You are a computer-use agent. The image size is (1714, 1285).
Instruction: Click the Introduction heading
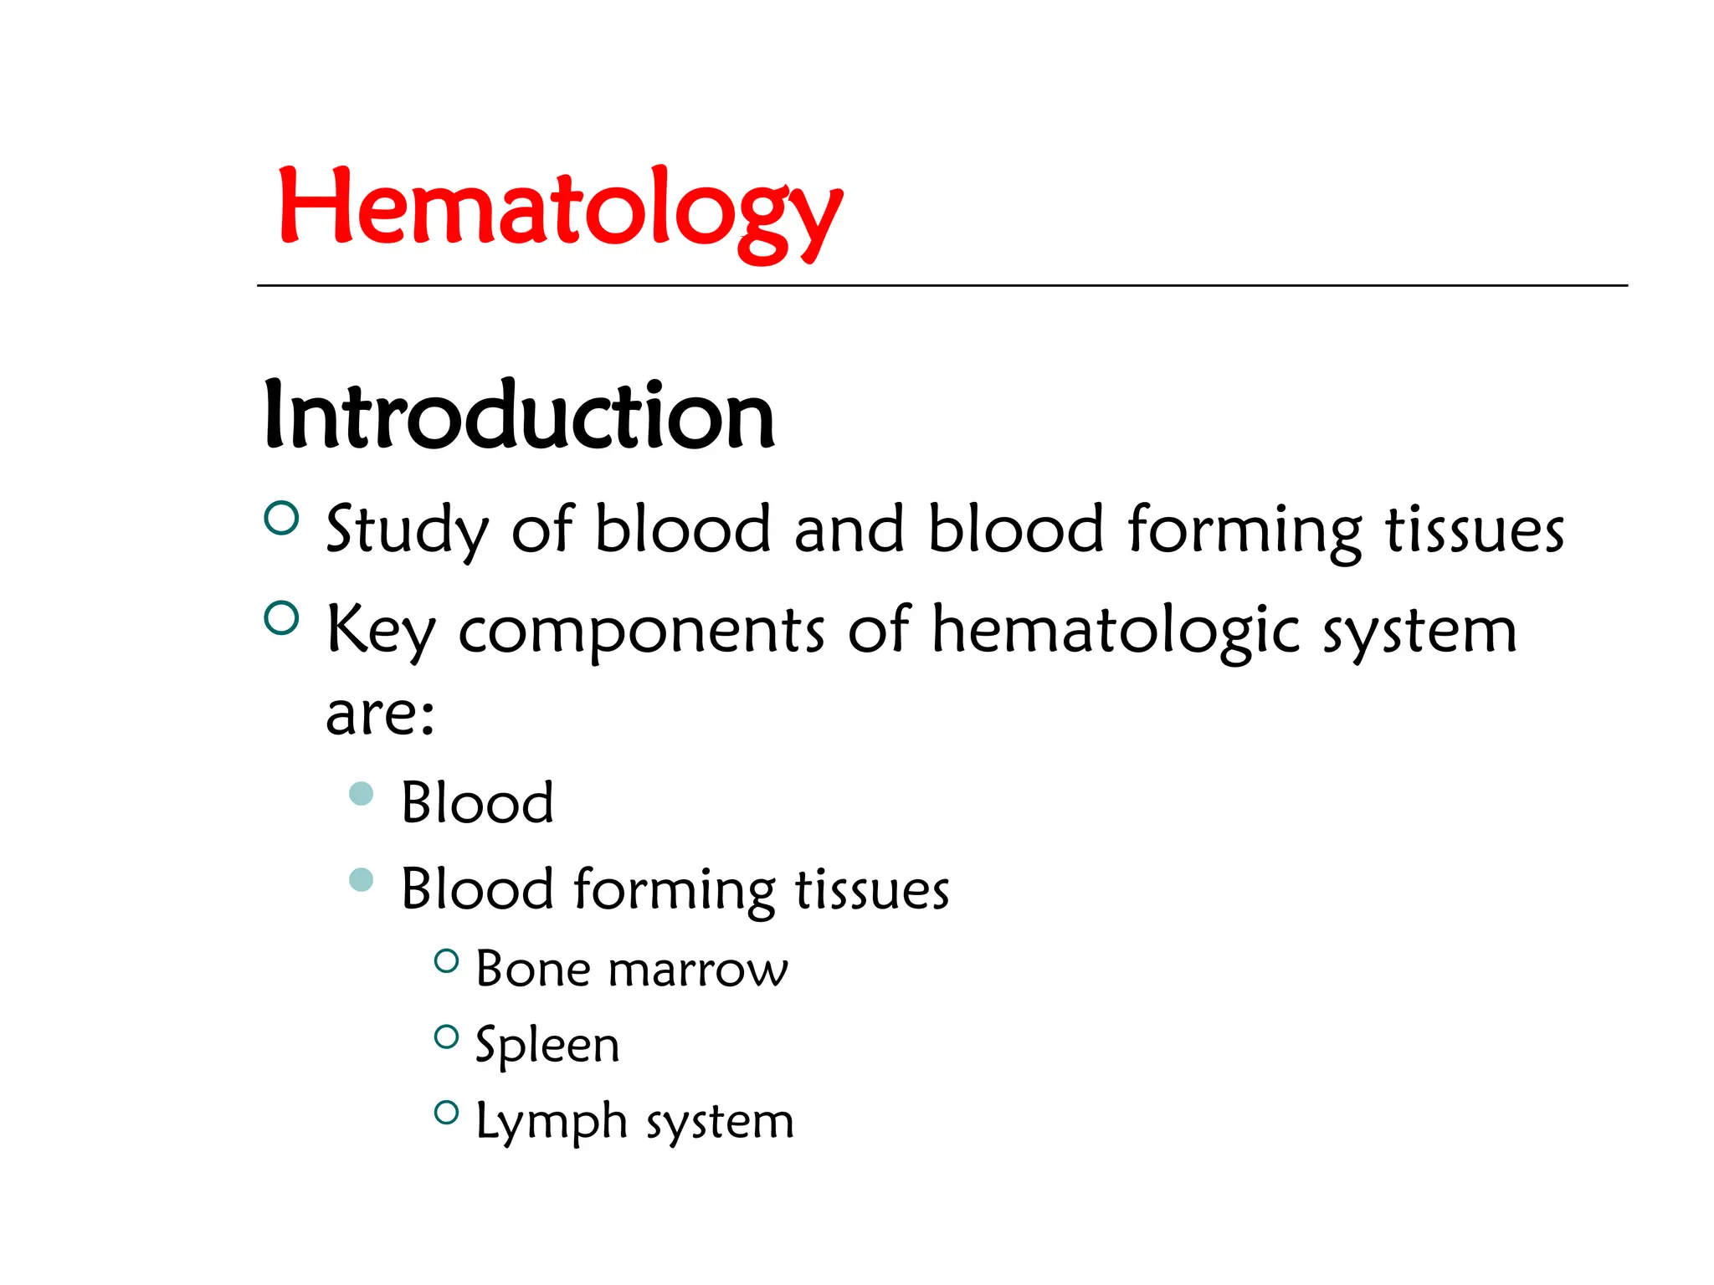(x=519, y=416)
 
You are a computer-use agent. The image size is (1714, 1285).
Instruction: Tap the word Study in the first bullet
(x=407, y=530)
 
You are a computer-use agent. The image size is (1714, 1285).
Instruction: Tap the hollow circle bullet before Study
(x=281, y=518)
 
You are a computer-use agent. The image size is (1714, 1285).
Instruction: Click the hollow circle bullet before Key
(x=281, y=618)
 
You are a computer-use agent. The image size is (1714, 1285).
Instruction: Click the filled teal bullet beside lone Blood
(x=361, y=793)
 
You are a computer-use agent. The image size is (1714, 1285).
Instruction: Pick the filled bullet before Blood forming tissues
(x=361, y=879)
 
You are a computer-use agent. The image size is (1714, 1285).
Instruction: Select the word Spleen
(x=547, y=1047)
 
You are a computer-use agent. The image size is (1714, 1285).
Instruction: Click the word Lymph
(x=552, y=1123)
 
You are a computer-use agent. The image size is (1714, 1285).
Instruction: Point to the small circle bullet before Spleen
(x=447, y=1037)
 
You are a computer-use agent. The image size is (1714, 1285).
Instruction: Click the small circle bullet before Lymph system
(x=447, y=1112)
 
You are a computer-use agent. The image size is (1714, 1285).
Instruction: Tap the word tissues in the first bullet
(x=1475, y=530)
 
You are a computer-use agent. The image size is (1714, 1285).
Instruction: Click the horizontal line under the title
(x=942, y=286)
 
